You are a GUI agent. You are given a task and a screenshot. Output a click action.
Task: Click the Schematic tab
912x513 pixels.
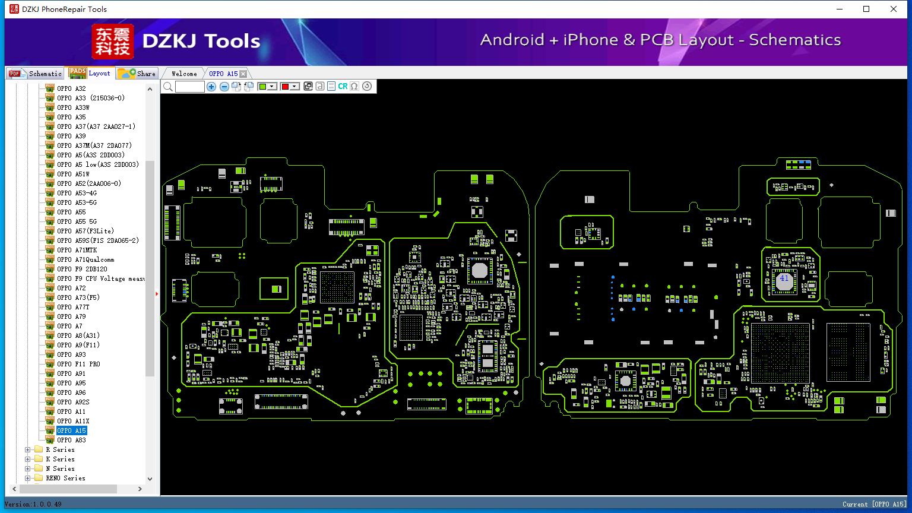tap(36, 73)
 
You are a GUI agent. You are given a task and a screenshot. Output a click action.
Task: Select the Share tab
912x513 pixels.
tap(137, 73)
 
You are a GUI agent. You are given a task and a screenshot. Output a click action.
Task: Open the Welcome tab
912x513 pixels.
tap(184, 74)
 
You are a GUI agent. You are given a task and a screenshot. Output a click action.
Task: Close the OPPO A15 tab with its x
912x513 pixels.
tap(243, 74)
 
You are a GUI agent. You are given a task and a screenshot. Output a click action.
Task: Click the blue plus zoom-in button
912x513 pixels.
tap(211, 86)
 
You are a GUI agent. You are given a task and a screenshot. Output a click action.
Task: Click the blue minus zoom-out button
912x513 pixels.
tap(224, 86)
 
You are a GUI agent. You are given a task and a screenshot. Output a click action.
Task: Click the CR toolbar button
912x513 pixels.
tap(343, 86)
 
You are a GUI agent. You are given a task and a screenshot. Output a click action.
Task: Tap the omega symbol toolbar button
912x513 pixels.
tap(354, 86)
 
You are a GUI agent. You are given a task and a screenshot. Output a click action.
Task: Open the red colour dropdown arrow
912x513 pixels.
tap(294, 86)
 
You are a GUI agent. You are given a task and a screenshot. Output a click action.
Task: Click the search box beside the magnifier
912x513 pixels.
tap(190, 86)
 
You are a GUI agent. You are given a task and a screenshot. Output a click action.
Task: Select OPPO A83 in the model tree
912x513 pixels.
tap(71, 440)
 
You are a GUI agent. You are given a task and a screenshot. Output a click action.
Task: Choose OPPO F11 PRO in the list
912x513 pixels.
tap(78, 364)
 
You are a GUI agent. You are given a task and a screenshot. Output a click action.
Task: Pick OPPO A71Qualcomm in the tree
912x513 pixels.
tap(85, 259)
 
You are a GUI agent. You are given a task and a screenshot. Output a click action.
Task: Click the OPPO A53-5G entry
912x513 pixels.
tap(77, 202)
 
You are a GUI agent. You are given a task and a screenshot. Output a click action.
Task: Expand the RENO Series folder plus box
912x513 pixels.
tap(28, 478)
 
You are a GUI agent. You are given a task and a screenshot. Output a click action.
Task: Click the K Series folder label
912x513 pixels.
tap(60, 459)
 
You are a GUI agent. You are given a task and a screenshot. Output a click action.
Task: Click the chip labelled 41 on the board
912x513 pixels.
tap(784, 280)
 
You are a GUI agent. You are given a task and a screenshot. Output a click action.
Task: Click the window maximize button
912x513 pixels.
tap(866, 9)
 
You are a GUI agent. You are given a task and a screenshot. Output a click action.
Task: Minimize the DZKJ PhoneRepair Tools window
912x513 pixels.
tap(840, 9)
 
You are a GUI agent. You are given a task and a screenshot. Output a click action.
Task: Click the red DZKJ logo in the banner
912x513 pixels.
tap(113, 41)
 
